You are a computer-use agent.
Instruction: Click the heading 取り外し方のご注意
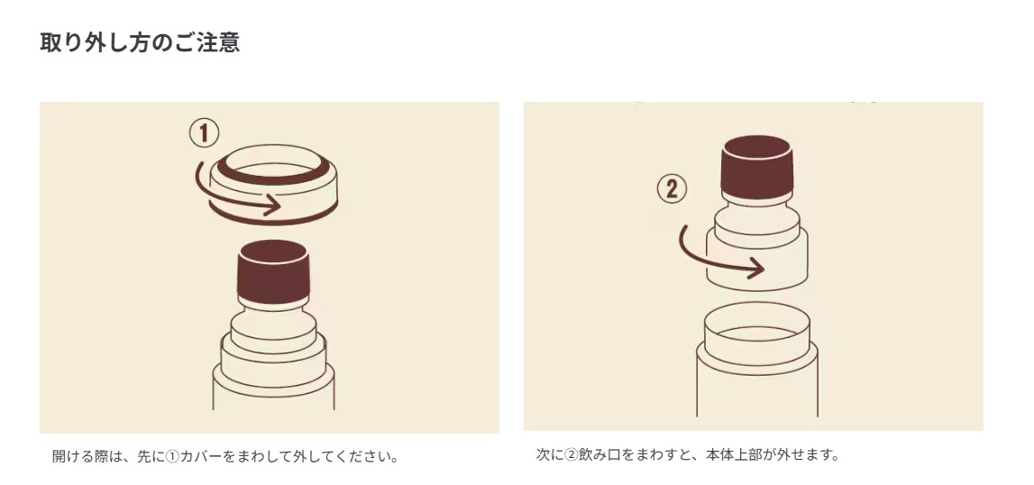pyautogui.click(x=140, y=43)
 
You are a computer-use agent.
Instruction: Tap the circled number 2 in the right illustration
pyautogui.click(x=672, y=189)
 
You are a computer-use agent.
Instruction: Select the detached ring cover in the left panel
pyautogui.click(x=273, y=184)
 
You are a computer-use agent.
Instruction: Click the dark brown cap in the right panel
pyautogui.click(x=757, y=166)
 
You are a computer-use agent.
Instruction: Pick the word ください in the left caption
pyautogui.click(x=365, y=456)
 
